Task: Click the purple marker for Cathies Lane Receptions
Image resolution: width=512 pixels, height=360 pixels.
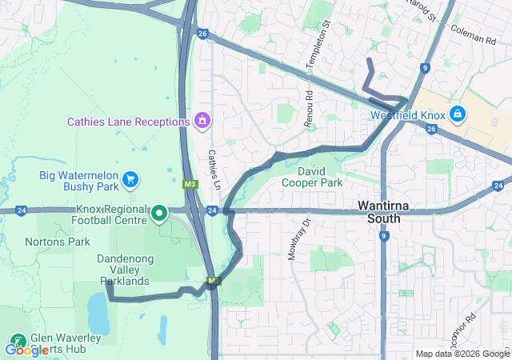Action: pos(202,122)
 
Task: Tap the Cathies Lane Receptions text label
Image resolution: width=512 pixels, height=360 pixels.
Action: pos(129,122)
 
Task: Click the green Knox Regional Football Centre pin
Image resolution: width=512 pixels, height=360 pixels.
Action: pos(159,212)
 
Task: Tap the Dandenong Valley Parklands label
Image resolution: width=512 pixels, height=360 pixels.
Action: pos(123,270)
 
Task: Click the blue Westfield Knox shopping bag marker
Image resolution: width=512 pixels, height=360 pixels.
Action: pos(457,114)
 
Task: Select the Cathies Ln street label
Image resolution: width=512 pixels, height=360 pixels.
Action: pos(214,169)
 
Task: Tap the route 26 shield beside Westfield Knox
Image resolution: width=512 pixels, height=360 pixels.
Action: pos(432,128)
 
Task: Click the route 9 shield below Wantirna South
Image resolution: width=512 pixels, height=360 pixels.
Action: pos(385,236)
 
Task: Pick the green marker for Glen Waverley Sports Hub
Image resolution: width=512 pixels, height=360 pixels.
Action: pos(18,339)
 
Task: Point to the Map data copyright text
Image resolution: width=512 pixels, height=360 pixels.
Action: pos(462,354)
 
